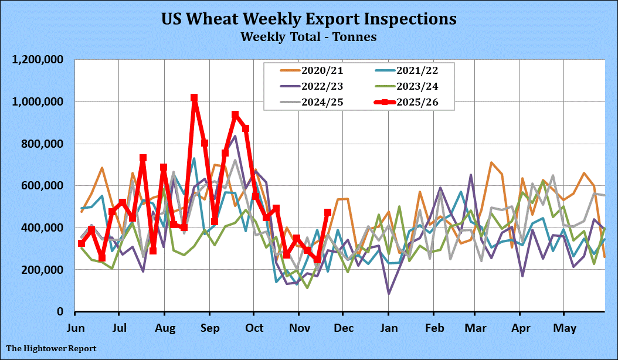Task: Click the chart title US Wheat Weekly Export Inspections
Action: (x=308, y=18)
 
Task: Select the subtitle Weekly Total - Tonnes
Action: (x=308, y=36)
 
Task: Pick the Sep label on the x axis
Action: (x=209, y=326)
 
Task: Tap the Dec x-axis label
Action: (x=344, y=326)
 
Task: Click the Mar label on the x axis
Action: (x=475, y=326)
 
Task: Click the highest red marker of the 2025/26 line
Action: (x=194, y=98)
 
